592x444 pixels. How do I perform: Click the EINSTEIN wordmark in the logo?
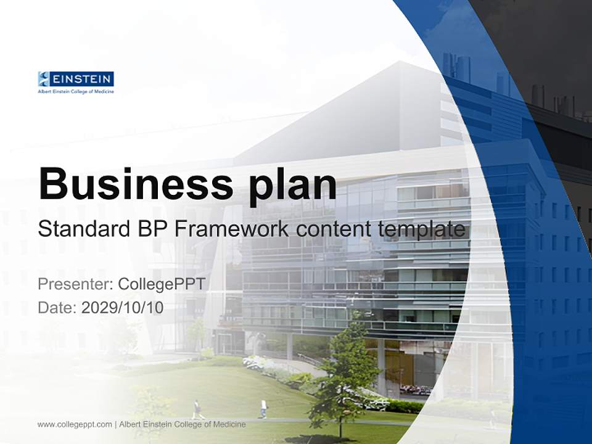tap(81, 79)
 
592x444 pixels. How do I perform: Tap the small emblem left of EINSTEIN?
tap(43, 79)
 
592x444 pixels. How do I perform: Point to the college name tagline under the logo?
tap(76, 91)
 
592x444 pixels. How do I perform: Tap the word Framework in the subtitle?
tap(234, 229)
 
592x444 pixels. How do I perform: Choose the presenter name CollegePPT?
tap(161, 284)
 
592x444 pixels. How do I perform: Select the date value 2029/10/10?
tap(122, 307)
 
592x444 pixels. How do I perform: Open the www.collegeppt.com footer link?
tap(75, 424)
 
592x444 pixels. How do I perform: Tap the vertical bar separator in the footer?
tap(116, 424)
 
